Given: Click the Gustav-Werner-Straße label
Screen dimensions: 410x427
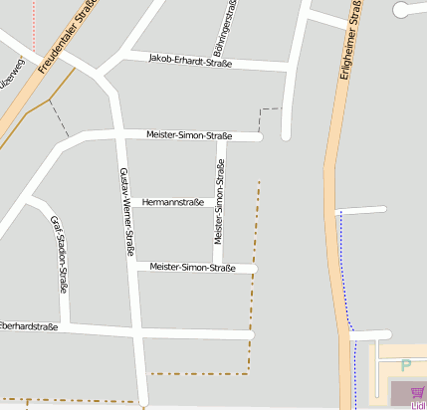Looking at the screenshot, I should click(126, 213).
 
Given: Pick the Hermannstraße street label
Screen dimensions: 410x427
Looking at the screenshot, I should click(173, 202).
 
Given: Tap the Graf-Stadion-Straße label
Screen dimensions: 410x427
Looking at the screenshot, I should click(60, 256).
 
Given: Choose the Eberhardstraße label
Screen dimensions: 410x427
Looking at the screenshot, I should click(28, 325).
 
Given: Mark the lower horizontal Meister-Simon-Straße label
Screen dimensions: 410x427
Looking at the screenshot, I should click(192, 268).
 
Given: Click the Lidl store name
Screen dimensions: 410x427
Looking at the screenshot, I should click(418, 405).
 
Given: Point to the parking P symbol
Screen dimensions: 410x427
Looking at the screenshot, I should click(405, 365).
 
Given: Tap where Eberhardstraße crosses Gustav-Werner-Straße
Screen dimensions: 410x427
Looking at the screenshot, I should click(136, 329).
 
